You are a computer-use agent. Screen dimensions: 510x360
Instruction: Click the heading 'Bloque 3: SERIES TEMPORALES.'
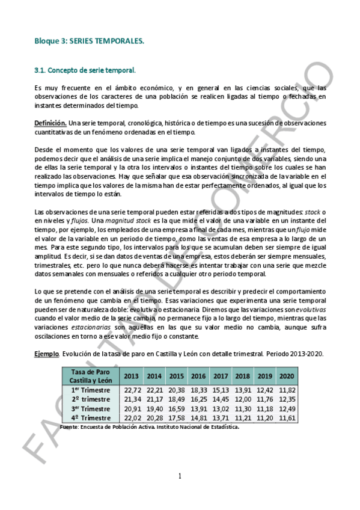(89, 41)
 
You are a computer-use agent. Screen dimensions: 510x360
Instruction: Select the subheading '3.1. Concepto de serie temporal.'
(85, 70)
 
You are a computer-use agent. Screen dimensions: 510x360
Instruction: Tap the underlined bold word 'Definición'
(49, 123)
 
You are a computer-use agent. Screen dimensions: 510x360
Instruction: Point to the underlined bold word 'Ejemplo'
(46, 353)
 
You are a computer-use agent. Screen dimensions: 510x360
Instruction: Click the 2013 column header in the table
(130, 376)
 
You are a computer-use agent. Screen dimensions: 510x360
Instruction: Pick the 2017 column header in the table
(221, 376)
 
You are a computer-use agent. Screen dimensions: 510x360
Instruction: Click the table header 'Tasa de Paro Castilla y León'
(90, 376)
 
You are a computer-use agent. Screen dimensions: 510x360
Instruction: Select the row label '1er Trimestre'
(90, 390)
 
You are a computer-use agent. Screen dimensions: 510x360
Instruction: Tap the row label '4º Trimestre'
(90, 417)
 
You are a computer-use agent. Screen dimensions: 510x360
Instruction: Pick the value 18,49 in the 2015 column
(177, 399)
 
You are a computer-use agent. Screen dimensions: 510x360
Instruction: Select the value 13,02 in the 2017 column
(221, 408)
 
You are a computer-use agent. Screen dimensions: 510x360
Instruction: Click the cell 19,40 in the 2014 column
(154, 408)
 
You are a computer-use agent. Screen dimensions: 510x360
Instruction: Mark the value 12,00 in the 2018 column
(243, 399)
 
